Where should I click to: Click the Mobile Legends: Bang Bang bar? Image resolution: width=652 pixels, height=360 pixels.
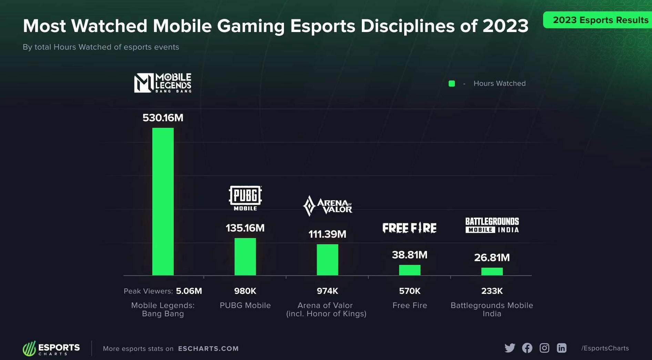pos(163,202)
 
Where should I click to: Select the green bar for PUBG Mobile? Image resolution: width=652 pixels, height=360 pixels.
pos(245,257)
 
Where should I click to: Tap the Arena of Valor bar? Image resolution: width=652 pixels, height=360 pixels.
pos(327,260)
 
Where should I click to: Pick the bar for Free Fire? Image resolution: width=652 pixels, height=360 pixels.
pos(410,270)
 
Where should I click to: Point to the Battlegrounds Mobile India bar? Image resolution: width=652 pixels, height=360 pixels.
pos(492,271)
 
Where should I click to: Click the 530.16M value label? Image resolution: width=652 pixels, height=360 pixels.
pos(163,118)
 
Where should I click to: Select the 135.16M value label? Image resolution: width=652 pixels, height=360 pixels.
pos(245,228)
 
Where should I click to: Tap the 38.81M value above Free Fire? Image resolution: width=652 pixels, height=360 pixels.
pos(410,255)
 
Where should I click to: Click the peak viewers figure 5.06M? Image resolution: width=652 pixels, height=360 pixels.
pos(189,291)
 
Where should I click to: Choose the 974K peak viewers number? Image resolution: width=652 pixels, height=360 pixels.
pos(327,291)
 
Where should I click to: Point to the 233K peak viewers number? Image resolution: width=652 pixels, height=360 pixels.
pos(492,291)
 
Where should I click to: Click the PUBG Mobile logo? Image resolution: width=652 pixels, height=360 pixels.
pos(245,198)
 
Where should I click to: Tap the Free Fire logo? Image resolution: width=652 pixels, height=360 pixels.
pos(409,228)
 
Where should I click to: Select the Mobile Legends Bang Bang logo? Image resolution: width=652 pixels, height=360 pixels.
pos(163,83)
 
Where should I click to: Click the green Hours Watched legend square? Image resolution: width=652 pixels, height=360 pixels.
pos(452,83)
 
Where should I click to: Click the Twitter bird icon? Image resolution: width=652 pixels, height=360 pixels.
pos(510,348)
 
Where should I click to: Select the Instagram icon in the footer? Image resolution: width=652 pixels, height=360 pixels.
pos(544,348)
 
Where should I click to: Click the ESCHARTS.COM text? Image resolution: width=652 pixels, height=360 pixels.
pos(208,349)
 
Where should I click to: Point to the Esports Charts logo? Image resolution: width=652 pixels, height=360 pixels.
pos(51,348)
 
